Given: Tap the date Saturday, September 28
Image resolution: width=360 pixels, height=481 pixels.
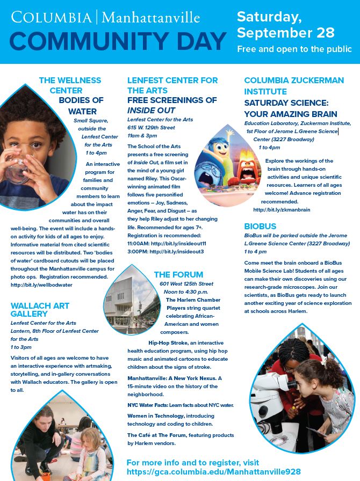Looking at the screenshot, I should click(293, 24).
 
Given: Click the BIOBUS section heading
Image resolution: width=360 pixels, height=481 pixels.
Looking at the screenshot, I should click(260, 227).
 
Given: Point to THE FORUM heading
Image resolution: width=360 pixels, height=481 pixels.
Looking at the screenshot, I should click(178, 274).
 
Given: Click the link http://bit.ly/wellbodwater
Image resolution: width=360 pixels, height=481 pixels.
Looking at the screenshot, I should click(41, 285).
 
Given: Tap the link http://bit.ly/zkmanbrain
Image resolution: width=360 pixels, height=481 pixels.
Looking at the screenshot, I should click(282, 209).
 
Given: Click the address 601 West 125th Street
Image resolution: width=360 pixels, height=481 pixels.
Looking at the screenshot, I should click(186, 284).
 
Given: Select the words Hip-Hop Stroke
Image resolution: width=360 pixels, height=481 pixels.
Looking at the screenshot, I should click(167, 342).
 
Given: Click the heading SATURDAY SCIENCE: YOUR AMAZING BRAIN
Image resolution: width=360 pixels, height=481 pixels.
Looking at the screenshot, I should click(290, 108).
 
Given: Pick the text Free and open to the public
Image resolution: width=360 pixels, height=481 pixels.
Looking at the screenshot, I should click(294, 49).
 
